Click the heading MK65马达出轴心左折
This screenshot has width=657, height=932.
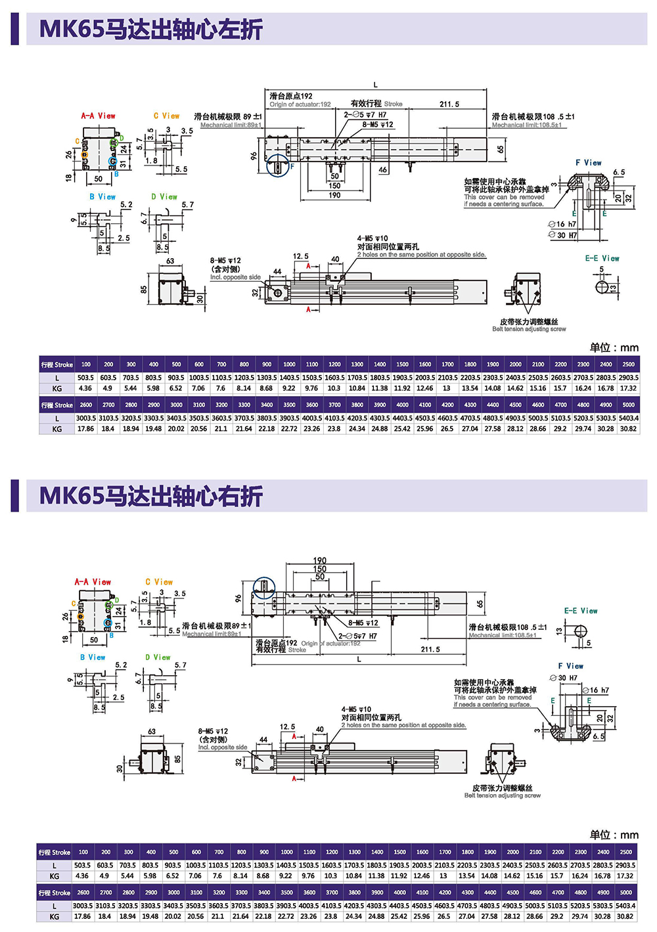point(151,30)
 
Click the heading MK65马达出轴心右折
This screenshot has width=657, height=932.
point(151,496)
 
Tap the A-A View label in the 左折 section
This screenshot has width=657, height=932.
point(98,116)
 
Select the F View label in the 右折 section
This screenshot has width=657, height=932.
point(570,666)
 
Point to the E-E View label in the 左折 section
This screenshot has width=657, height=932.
point(602,259)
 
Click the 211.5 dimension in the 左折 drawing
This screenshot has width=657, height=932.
point(449,104)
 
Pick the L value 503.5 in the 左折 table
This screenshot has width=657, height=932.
point(85,378)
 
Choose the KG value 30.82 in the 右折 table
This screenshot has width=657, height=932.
point(625,916)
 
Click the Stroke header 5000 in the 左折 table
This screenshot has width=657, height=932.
point(628,405)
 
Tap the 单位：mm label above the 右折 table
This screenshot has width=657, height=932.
point(614,835)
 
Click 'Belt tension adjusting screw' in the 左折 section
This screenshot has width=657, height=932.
point(529,329)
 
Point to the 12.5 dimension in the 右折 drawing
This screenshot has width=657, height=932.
point(287,727)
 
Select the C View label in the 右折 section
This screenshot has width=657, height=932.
point(159,582)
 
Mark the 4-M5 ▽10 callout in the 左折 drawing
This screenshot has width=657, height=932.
point(373,238)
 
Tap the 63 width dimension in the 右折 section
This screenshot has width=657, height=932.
point(152,731)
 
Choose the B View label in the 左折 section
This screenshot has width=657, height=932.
point(102,196)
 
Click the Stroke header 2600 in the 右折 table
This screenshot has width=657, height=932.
point(83,893)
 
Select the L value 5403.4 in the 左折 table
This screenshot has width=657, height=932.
point(628,418)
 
